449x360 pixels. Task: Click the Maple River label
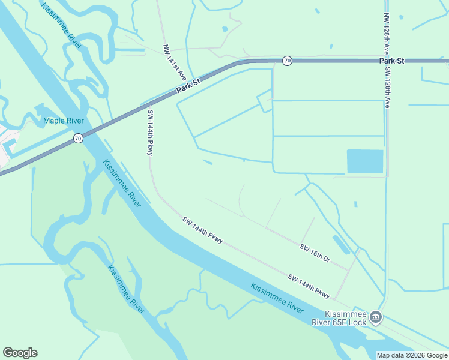click(x=63, y=121)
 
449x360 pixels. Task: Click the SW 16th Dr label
click(x=315, y=253)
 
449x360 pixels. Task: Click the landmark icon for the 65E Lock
click(x=376, y=317)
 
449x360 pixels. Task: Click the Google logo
click(x=20, y=353)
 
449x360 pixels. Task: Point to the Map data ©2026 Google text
click(x=411, y=355)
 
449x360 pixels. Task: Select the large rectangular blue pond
click(x=365, y=161)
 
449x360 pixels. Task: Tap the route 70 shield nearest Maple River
click(x=78, y=139)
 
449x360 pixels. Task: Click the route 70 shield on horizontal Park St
click(x=287, y=61)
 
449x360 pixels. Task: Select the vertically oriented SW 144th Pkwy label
click(x=150, y=132)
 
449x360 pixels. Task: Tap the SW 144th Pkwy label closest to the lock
click(x=309, y=286)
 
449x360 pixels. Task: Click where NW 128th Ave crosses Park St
click(x=386, y=61)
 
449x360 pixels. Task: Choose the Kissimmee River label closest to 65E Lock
click(x=277, y=298)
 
